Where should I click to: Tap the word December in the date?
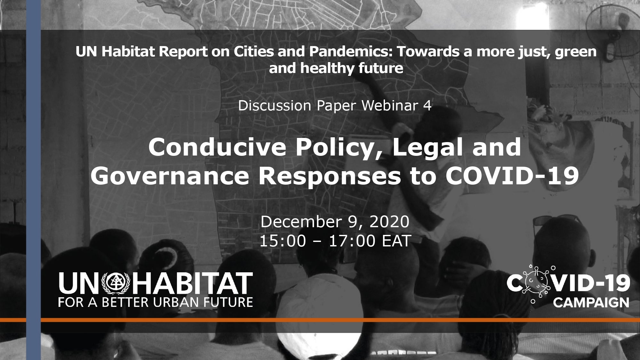pyautogui.click(x=303, y=222)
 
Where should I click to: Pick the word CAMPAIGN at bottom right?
pyautogui.click(x=591, y=302)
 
